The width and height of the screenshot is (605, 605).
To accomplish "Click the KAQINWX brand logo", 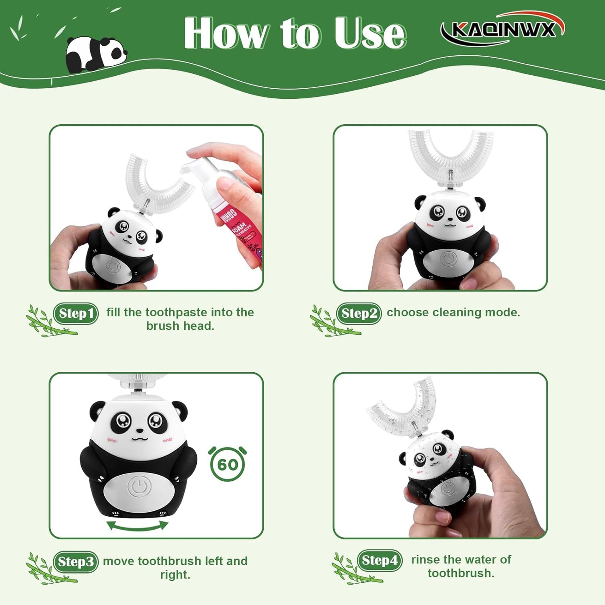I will point(502,29).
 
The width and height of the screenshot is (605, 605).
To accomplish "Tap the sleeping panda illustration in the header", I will point(96,54).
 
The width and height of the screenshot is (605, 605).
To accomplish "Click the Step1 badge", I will point(76,314).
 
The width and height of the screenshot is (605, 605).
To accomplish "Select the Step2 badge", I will point(359,314).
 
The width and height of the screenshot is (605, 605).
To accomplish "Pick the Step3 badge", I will point(76,561).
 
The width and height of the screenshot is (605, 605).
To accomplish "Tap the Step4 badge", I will point(379,560).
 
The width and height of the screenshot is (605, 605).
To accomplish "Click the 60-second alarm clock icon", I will point(227,464).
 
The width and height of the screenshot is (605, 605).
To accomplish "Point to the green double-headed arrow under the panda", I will point(137,526).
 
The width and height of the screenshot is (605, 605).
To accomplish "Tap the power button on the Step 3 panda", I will point(139,487).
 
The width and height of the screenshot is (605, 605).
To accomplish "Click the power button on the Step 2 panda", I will point(448,259).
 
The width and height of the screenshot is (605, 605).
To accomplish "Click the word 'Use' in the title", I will point(370,33).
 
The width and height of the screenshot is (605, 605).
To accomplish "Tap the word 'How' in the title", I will point(226,33).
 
